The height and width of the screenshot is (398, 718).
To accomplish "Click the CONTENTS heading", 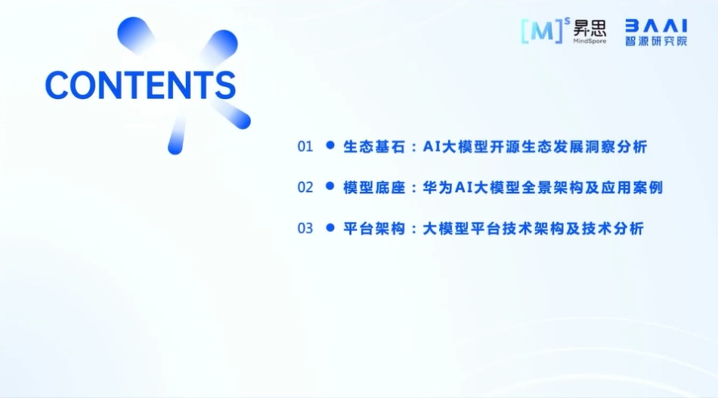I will [141, 85].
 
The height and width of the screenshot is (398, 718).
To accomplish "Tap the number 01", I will [305, 147].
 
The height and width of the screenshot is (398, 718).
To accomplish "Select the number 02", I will [305, 187].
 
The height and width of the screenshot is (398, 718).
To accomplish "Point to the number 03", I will [305, 228].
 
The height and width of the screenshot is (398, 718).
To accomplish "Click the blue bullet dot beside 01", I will [330, 145].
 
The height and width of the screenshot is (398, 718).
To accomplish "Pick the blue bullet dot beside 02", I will [330, 186].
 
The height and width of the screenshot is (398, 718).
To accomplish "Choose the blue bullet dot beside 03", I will [330, 227].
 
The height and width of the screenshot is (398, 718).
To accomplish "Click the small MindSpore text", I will [590, 41].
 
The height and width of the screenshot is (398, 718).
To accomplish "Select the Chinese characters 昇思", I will [590, 28].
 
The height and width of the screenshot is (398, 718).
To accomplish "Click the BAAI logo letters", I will [655, 24].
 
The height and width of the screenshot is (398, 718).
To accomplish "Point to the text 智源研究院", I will [655, 41].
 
